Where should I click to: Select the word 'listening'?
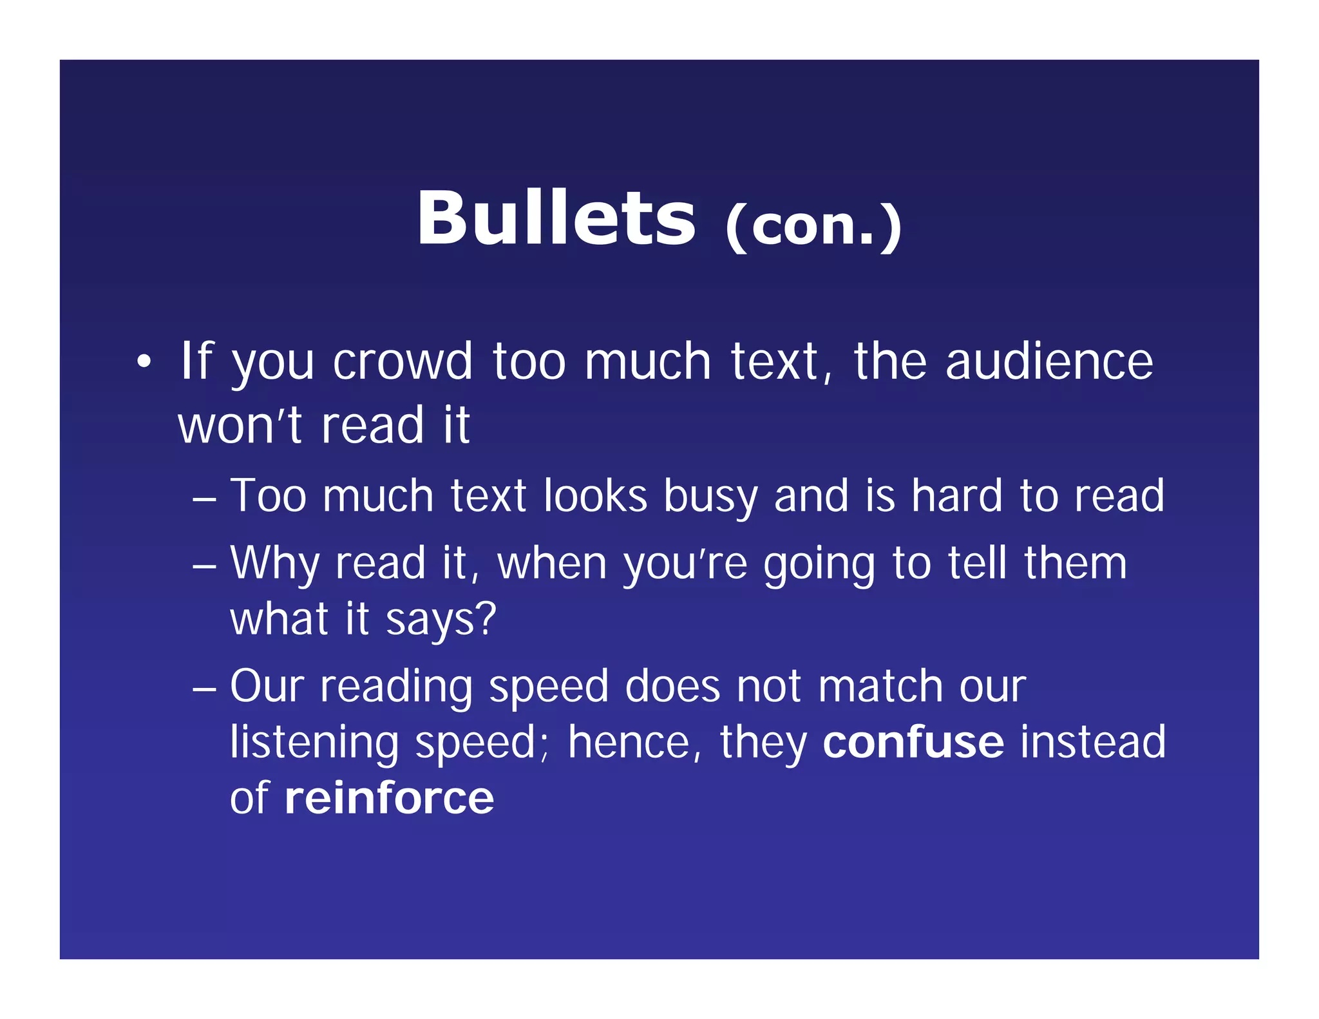(315, 743)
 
